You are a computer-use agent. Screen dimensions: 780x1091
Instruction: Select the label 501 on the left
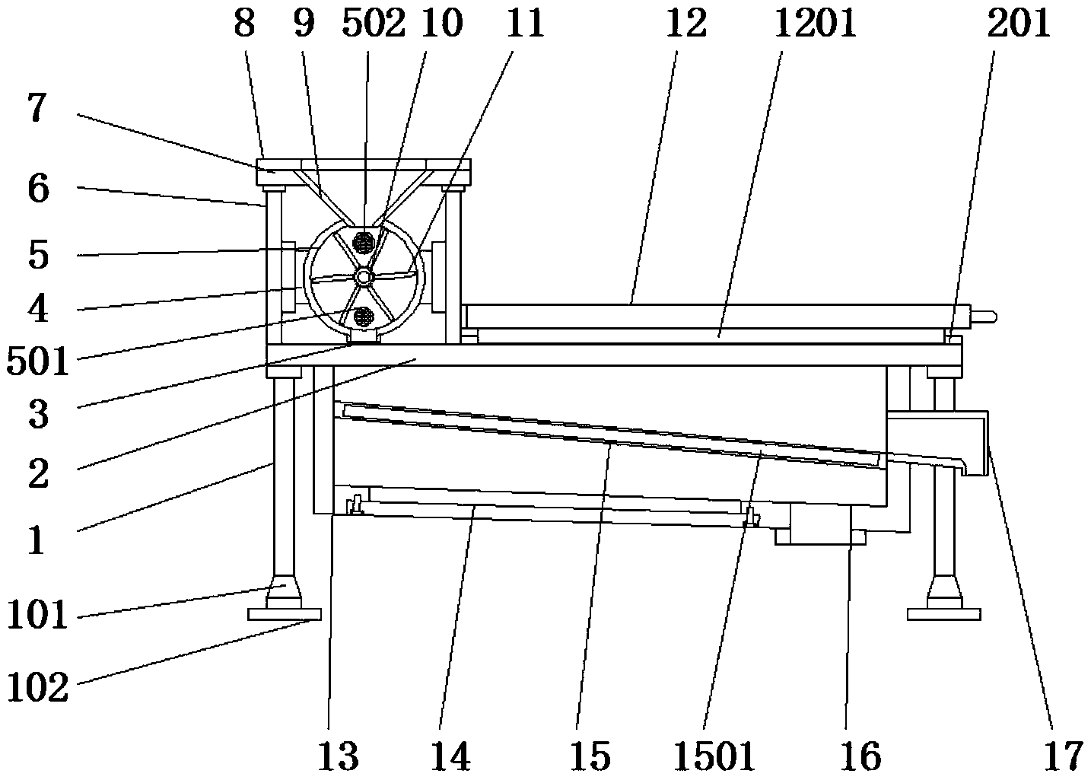pyautogui.click(x=38, y=362)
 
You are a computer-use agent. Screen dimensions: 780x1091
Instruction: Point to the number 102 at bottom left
pyautogui.click(x=38, y=689)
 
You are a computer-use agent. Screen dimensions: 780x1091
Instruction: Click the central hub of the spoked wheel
pyautogui.click(x=364, y=278)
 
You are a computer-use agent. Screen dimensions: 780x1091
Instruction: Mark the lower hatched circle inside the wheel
pyautogui.click(x=364, y=315)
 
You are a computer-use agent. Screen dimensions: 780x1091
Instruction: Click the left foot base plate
pyautogui.click(x=285, y=614)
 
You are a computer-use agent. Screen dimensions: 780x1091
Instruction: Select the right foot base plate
pyautogui.click(x=943, y=614)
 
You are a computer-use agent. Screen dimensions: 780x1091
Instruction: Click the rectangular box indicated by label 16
pyautogui.click(x=820, y=524)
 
